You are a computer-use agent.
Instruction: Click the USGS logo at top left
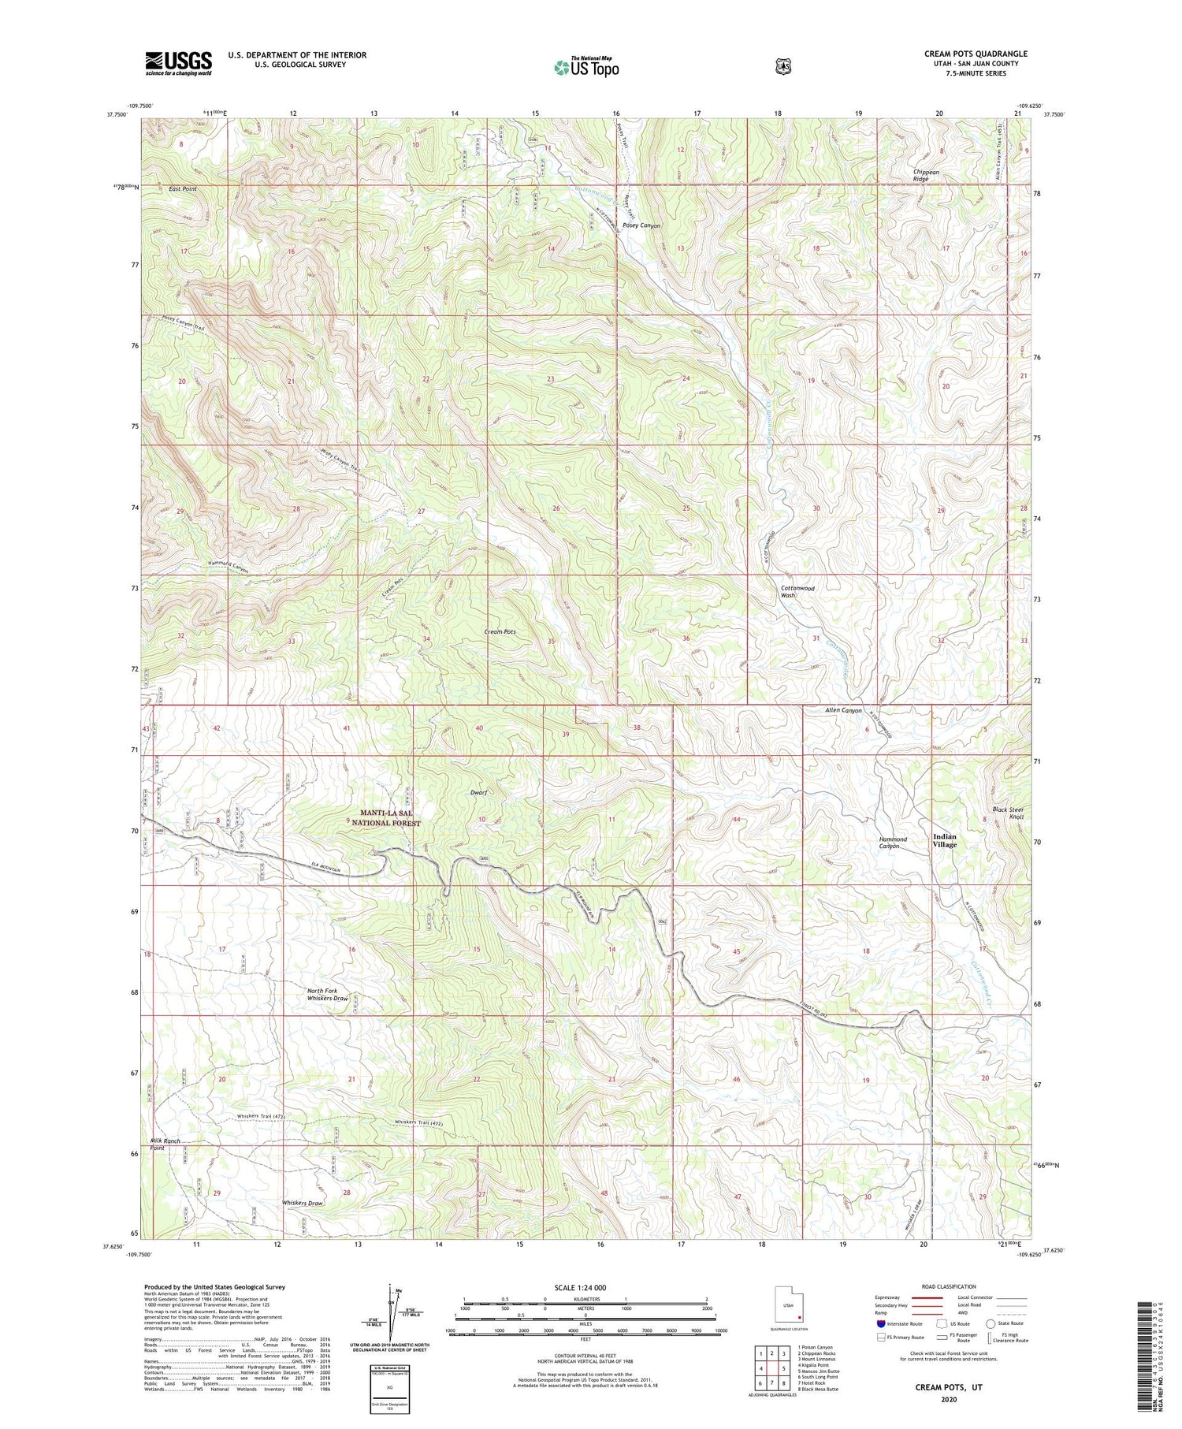(178, 63)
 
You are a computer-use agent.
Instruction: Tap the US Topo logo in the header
(586, 67)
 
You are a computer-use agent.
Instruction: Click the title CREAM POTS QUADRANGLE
(976, 54)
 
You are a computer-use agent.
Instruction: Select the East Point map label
(182, 189)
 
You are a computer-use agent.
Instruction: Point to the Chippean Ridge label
(926, 175)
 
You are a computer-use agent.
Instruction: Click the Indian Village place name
(944, 840)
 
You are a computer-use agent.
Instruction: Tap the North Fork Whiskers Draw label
(328, 994)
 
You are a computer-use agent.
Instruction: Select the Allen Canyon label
(843, 710)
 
